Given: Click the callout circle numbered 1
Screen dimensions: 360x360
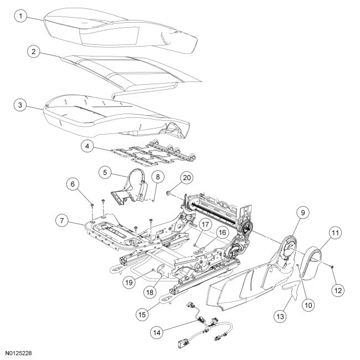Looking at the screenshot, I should (20, 17).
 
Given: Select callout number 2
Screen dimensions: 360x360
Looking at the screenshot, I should (35, 52).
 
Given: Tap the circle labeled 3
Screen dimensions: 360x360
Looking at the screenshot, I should (20, 104).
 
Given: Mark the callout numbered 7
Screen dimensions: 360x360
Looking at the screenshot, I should (62, 221).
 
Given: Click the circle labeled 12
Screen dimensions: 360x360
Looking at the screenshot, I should (339, 289).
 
